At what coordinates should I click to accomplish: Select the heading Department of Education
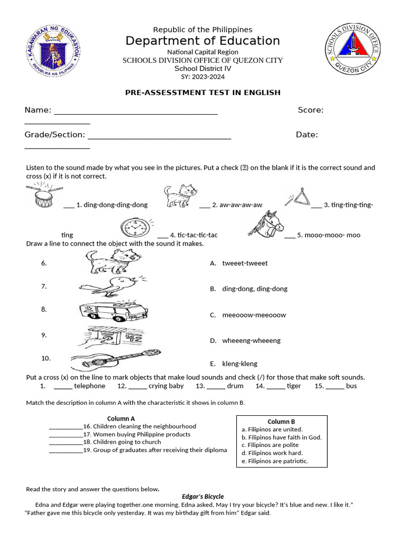[202, 41]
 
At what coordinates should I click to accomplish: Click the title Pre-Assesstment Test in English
[202, 92]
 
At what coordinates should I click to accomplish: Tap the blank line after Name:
[135, 110]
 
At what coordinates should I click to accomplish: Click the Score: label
[310, 110]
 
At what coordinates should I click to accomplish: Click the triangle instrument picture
[298, 198]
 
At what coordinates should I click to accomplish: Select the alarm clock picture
[136, 228]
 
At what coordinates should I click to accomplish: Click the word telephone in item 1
[89, 386]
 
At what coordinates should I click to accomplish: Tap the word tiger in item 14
[293, 386]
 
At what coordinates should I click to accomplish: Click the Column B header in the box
[281, 422]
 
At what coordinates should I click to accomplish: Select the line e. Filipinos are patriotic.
[274, 461]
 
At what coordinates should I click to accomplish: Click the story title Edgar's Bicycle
[202, 497]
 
